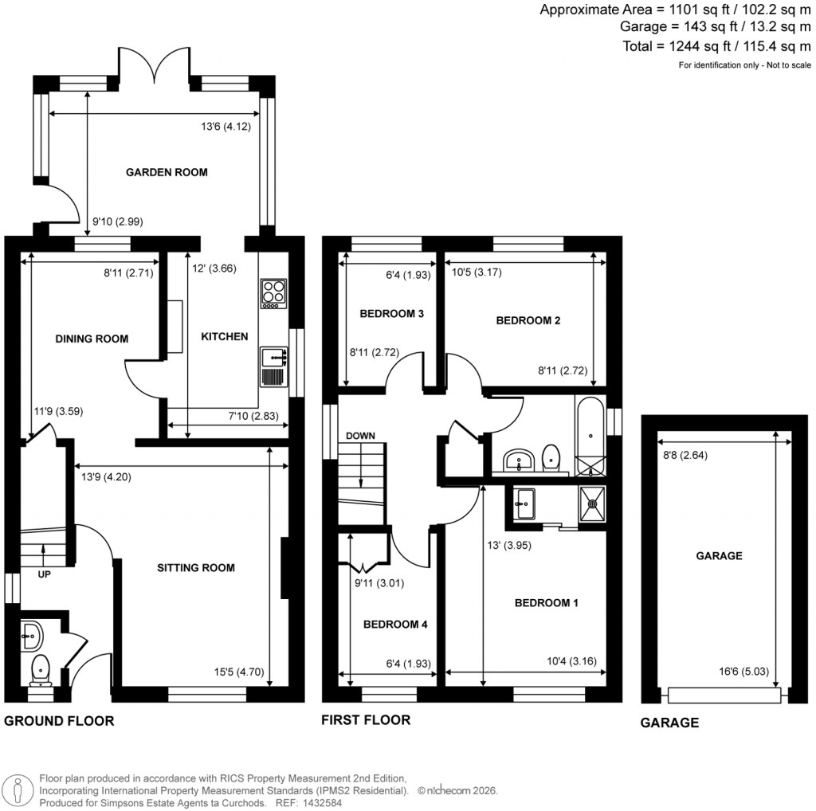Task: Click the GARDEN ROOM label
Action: point(167,172)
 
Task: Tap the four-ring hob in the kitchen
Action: point(273,294)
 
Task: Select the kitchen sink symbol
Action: point(273,366)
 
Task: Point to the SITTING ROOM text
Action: point(195,568)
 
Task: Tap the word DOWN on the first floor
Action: point(360,436)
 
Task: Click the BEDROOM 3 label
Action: point(391,314)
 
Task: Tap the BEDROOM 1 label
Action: point(546,603)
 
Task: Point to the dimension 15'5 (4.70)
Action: point(237,672)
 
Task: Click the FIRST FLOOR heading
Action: point(366,720)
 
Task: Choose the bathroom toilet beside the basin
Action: point(551,456)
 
